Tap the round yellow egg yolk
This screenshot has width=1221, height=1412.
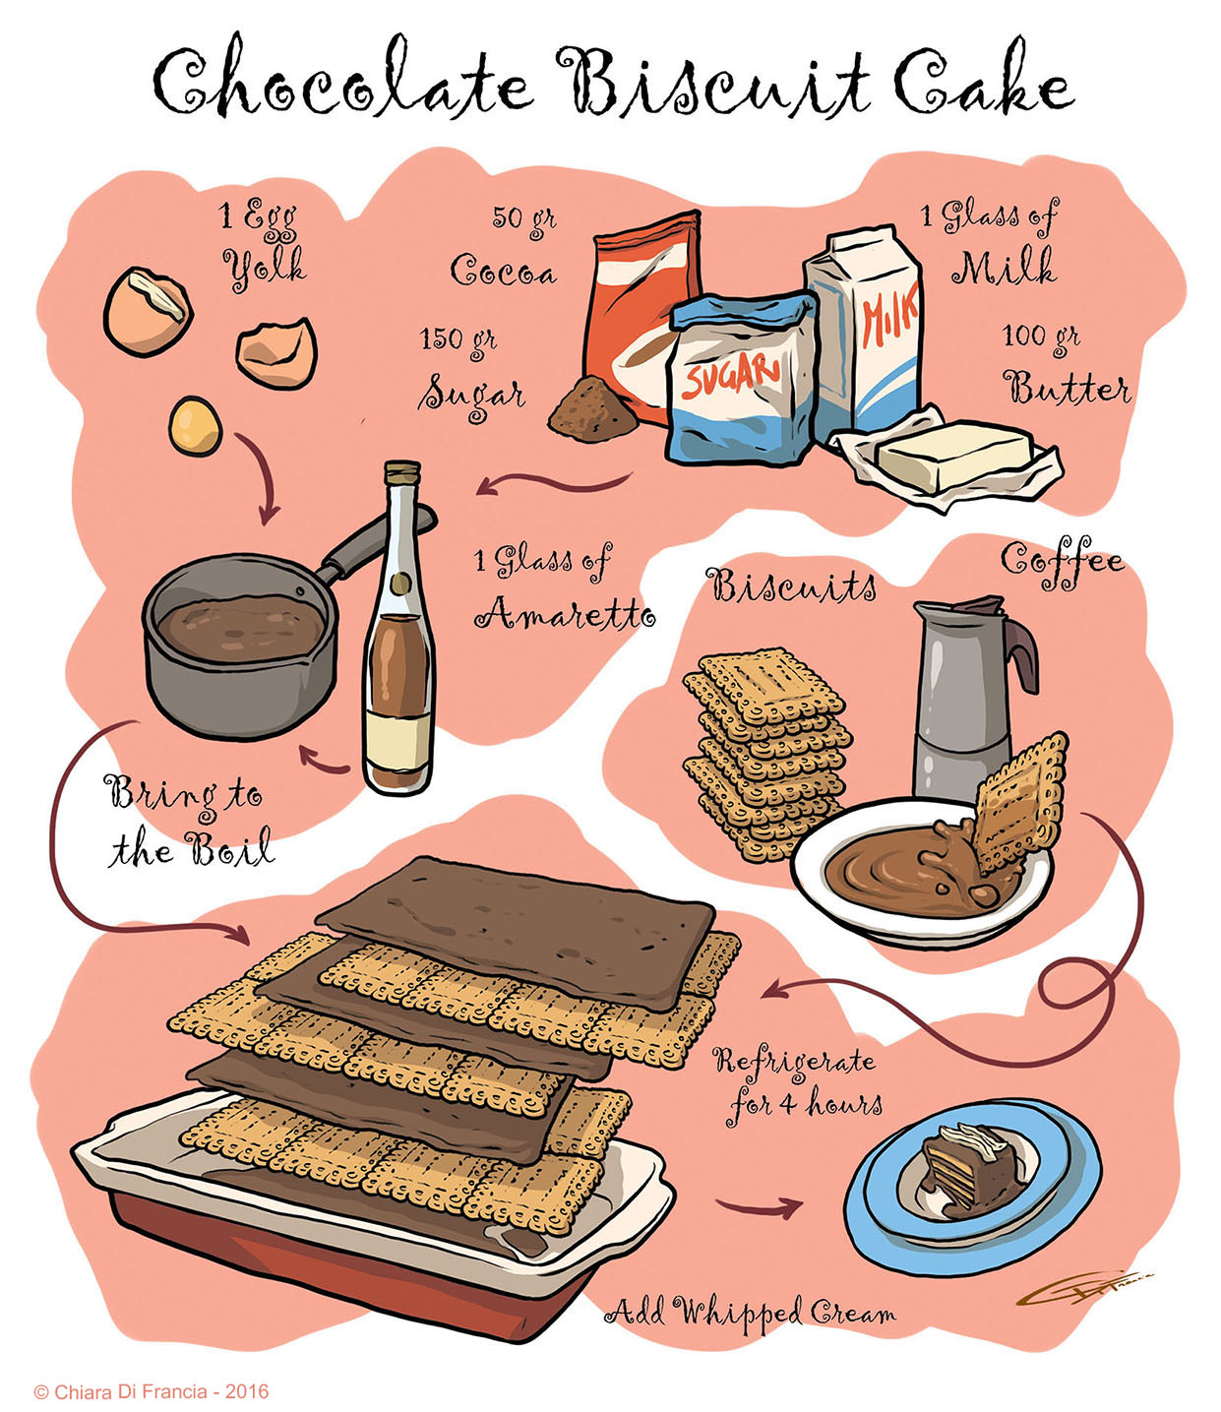coord(195,425)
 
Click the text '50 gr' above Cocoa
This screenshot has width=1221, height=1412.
coord(523,218)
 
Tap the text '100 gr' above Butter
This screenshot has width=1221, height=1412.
coord(1040,338)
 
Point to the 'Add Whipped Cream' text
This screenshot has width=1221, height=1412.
coord(750,1311)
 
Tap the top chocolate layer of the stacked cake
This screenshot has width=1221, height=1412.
coord(517,920)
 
